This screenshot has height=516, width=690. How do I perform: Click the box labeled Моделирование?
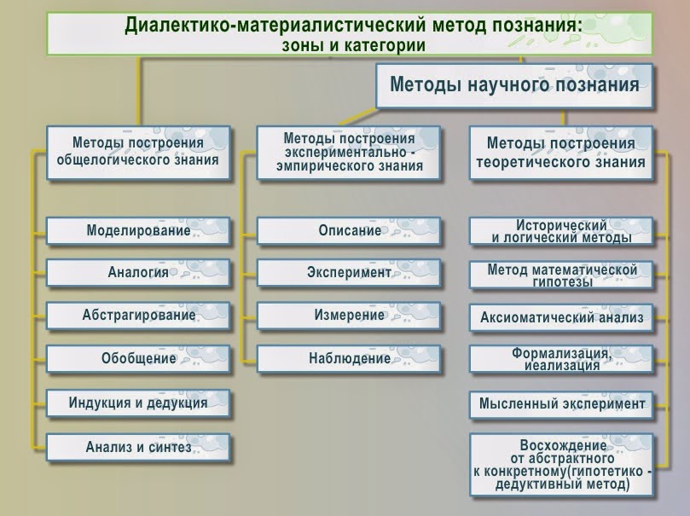pyautogui.click(x=138, y=230)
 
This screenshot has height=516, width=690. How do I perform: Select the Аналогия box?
pyautogui.click(x=138, y=273)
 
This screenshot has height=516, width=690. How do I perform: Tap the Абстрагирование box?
pyautogui.click(x=138, y=316)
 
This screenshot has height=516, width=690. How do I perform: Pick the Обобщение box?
pyautogui.click(x=138, y=358)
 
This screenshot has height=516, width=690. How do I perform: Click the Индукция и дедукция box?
pyautogui.click(x=138, y=403)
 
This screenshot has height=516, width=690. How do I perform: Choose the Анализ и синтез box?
pyautogui.click(x=138, y=447)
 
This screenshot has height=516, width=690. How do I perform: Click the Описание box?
pyautogui.click(x=349, y=230)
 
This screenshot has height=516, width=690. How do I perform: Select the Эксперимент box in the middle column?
pyautogui.click(x=349, y=273)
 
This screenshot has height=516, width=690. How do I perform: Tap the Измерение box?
pyautogui.click(x=349, y=316)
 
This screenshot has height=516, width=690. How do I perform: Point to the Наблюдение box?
pyautogui.click(x=349, y=358)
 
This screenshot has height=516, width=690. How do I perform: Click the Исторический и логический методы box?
pyautogui.click(x=561, y=231)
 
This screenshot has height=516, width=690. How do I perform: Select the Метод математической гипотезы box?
pyautogui.click(x=561, y=275)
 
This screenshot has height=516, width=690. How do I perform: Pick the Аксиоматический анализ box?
pyautogui.click(x=561, y=317)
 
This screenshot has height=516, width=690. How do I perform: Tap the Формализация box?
pyautogui.click(x=561, y=359)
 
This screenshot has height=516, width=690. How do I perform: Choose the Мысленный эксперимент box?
pyautogui.click(x=561, y=403)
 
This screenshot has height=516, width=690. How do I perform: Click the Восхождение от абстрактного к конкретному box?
pyautogui.click(x=561, y=465)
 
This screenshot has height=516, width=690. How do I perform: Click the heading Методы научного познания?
pyautogui.click(x=514, y=84)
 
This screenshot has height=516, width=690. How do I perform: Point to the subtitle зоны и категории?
pyautogui.click(x=353, y=45)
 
